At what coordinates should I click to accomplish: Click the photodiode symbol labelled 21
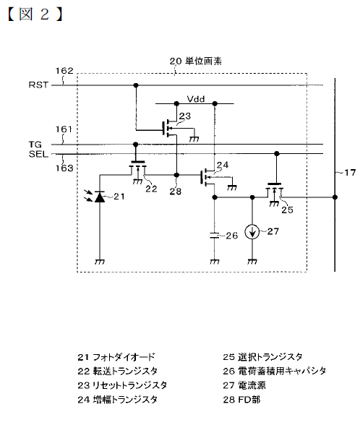[100, 197]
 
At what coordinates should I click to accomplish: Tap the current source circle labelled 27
[252, 232]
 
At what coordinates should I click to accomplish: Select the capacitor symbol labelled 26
[215, 236]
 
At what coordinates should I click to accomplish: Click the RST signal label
[38, 85]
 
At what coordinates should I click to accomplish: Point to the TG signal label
[35, 145]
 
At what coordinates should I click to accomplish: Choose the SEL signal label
[38, 154]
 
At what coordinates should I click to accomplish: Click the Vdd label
[196, 99]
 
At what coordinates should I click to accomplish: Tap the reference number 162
[64, 71]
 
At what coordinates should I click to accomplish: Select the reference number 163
[64, 168]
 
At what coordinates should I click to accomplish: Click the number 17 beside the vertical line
[350, 173]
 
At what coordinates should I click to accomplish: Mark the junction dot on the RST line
[136, 85]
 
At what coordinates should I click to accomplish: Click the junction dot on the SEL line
[276, 154]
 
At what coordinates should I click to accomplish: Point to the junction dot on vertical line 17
[335, 197]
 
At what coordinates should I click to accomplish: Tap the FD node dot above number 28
[176, 175]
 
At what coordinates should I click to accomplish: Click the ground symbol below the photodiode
[100, 262]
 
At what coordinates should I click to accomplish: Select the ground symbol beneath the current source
[252, 262]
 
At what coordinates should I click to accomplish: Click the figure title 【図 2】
[35, 14]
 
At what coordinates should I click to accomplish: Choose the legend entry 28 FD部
[241, 399]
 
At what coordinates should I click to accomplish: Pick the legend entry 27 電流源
[244, 385]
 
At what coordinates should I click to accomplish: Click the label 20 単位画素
[196, 61]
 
